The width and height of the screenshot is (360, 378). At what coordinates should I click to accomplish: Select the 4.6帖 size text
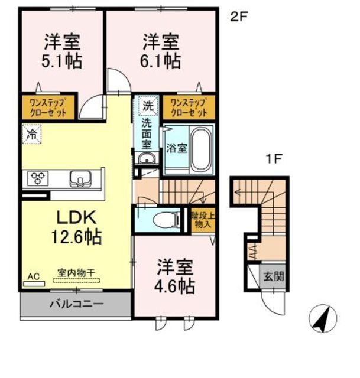176,286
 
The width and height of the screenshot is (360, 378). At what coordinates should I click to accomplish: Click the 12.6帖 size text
76,238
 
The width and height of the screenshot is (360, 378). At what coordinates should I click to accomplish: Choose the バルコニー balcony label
76,305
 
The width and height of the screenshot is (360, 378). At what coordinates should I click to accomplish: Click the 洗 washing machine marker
147,107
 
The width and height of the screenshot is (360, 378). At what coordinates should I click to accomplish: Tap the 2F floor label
238,17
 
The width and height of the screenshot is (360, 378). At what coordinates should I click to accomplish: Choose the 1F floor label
271,158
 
